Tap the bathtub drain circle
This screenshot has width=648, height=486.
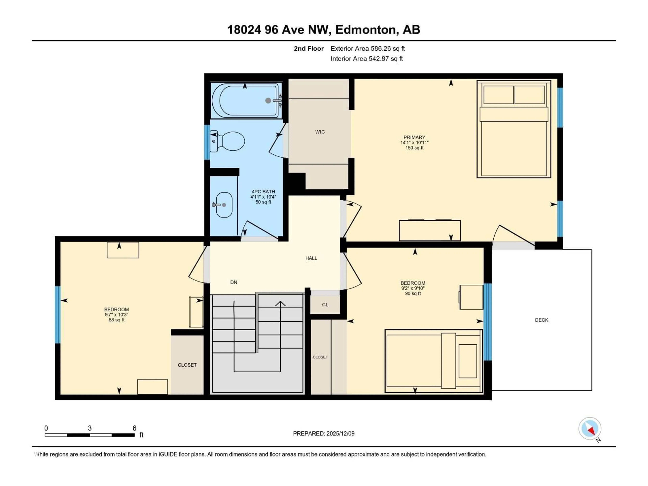click(268, 100)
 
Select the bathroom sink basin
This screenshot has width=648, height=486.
click(224, 205)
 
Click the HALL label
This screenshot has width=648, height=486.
click(311, 258)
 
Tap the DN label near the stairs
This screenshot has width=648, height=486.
click(234, 282)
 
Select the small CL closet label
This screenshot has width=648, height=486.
click(325, 305)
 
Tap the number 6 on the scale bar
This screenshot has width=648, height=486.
click(134, 428)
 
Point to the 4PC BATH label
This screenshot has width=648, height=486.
click(263, 192)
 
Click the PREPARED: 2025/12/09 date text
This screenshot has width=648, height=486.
click(323, 434)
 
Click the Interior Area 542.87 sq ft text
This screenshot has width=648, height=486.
click(367, 59)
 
